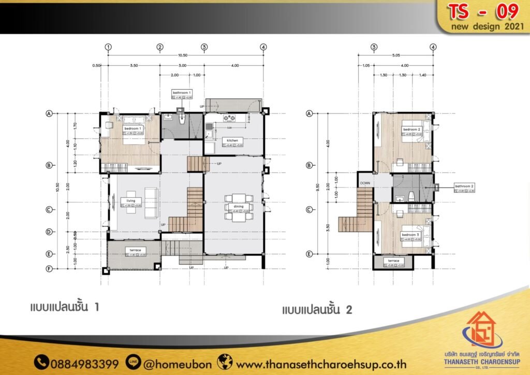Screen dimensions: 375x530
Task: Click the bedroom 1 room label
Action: [132, 128]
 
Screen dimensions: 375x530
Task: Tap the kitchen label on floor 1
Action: [232, 140]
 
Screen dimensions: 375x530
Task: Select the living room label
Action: [130, 200]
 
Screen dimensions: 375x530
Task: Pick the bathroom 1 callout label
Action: [182, 92]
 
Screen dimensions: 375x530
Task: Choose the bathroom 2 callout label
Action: [464, 185]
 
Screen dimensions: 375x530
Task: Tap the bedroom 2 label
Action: [411, 129]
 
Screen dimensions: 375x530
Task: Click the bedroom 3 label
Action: [410, 235]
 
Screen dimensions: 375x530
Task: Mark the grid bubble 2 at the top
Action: [160, 47]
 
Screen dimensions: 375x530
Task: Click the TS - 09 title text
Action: [482, 11]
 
